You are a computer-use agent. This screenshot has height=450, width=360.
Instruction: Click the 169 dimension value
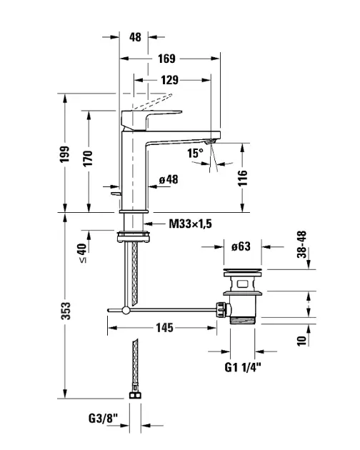166,59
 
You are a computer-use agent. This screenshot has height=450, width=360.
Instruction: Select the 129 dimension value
169,80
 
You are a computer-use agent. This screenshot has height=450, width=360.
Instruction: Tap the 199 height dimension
64,154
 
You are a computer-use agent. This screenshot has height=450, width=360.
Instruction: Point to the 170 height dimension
88,158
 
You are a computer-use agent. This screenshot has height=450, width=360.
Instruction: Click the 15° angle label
195,153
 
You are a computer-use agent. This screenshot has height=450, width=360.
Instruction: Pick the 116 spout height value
242,178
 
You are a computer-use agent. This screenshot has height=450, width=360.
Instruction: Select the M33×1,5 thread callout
190,224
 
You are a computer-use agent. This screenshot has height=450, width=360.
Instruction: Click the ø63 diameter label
241,246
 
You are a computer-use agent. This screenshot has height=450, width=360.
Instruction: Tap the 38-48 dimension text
301,244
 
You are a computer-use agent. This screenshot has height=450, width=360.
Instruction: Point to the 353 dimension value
66,311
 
